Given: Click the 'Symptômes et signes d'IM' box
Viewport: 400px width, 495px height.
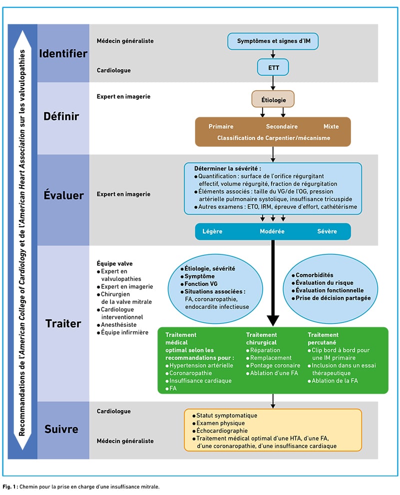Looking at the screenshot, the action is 273,41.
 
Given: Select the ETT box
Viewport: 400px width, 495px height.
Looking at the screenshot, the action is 273,67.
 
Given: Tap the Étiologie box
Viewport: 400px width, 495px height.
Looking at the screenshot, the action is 273,99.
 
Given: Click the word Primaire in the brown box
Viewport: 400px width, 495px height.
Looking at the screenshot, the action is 220,126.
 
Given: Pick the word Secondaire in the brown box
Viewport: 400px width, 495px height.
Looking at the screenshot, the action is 281,126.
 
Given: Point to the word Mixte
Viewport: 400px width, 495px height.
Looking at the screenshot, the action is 331,126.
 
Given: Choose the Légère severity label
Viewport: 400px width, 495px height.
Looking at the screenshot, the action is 212,232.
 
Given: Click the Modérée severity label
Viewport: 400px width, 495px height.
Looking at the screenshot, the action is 272,232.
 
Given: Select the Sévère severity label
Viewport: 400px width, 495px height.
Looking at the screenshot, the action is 327,232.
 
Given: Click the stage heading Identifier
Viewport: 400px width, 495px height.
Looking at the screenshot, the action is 63,53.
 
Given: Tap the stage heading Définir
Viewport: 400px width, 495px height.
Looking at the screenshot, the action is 61,116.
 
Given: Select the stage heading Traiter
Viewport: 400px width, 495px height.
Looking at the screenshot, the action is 63,323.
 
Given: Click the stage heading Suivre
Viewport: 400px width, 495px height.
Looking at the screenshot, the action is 61,429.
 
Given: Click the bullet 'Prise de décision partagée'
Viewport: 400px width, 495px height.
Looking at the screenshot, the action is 331,298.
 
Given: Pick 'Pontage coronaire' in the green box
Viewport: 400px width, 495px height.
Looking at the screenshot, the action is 273,365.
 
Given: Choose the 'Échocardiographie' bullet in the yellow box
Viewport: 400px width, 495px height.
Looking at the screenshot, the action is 220,431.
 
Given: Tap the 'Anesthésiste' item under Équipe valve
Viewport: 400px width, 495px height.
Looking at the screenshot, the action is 116,324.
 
